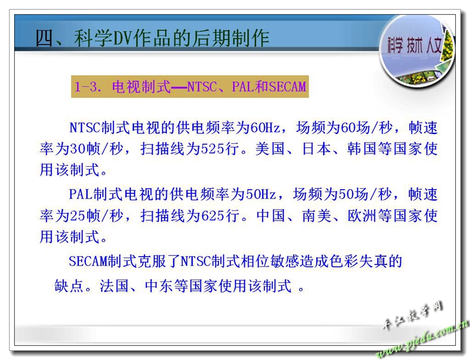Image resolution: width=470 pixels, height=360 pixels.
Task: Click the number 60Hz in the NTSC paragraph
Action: click(265, 128)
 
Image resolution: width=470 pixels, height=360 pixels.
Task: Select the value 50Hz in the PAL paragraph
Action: click(260, 194)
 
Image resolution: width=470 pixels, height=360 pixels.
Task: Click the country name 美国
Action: click(270, 149)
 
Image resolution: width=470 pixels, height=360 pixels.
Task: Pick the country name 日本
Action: click(316, 149)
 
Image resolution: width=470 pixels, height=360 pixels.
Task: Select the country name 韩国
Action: click(362, 149)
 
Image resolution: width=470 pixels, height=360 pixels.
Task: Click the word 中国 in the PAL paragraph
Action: click(271, 216)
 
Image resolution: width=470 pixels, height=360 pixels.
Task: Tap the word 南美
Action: click(317, 216)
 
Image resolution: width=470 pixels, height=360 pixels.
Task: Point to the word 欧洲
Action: click(362, 216)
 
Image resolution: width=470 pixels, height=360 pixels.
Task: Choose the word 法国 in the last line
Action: click(114, 285)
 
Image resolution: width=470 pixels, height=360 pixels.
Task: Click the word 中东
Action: click(159, 285)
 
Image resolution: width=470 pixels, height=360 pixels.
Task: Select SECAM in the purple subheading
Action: click(287, 87)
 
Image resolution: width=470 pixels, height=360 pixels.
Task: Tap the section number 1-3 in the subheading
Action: click(86, 87)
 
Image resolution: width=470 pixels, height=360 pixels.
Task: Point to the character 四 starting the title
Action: click(45, 38)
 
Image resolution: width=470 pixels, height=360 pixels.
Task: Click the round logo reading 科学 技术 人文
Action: click(417, 50)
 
